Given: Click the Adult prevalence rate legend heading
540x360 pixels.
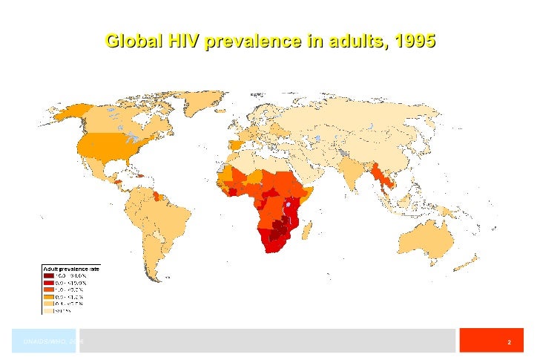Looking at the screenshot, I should (70, 268).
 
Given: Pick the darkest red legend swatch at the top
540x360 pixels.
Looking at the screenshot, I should (48, 275).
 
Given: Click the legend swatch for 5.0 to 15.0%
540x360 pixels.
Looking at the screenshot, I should (48, 283).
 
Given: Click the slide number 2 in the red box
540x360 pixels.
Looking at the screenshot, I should (509, 343).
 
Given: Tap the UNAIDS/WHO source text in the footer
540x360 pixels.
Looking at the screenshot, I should (52, 341).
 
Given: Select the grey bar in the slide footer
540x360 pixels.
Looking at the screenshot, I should (267, 341).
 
